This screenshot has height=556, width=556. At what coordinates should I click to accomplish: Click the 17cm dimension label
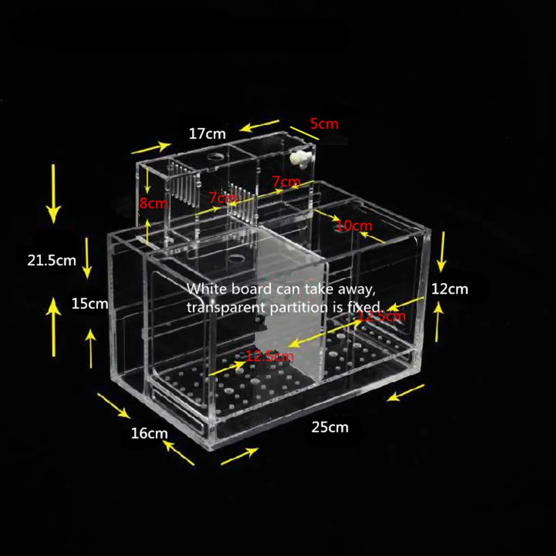click(207, 134)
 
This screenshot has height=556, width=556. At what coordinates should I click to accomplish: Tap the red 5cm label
click(324, 124)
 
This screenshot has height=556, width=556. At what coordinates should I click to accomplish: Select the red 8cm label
click(153, 203)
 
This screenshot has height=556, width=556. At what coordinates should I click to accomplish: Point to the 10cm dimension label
click(354, 226)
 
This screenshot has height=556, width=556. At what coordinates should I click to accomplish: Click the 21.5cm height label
click(51, 260)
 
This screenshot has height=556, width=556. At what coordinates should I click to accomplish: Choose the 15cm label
click(89, 303)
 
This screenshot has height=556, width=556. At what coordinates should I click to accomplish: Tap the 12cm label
click(449, 289)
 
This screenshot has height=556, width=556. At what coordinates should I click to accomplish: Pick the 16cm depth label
click(149, 434)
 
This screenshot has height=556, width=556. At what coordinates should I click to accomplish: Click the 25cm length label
click(329, 427)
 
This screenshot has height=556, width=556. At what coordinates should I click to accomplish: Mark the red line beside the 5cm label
click(304, 133)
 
